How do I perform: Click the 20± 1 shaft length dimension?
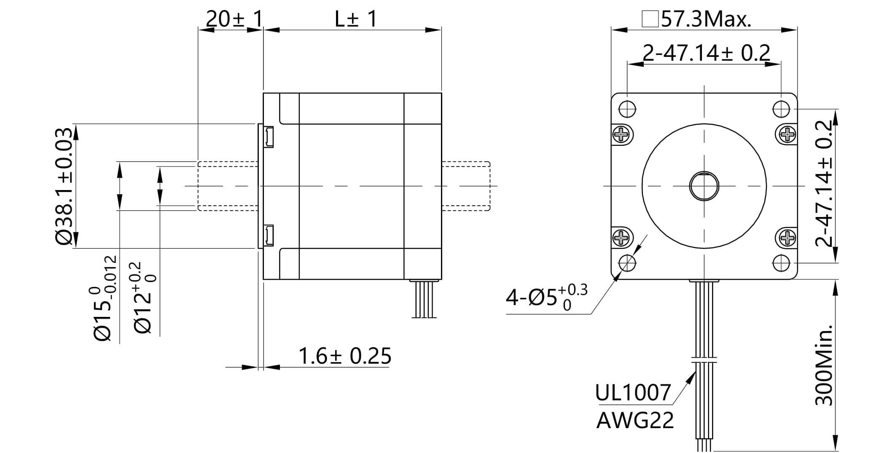tap(234, 19)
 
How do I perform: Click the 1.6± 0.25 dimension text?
tap(344, 356)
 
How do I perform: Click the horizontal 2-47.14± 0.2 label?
tap(706, 53)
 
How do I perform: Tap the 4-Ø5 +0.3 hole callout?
tap(546, 297)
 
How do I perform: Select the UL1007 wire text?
tap(632, 393)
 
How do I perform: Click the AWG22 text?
tap(635, 420)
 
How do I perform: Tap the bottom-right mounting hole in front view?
tap(781, 263)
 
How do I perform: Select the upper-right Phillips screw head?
tap(787, 135)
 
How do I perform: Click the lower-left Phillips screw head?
tap(622, 239)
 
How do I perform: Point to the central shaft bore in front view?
tap(704, 186)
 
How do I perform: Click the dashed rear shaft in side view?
tap(466, 186)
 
